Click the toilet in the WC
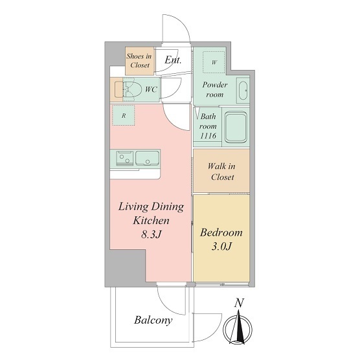point(131,89)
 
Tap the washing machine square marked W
point(214,62)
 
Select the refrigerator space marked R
point(124,115)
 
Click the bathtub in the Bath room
point(236,127)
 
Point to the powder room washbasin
point(243,90)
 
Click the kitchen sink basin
point(147,158)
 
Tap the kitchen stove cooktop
point(125,158)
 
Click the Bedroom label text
point(221,232)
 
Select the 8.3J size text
point(151,234)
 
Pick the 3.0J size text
point(221,246)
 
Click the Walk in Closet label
point(221,172)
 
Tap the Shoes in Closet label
point(139,61)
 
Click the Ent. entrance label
point(173,60)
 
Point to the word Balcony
point(153,320)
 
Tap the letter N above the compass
point(239,303)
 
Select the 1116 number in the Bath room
point(208,136)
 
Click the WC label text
point(151,89)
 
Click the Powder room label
point(215,89)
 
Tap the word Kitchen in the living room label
point(151,220)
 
